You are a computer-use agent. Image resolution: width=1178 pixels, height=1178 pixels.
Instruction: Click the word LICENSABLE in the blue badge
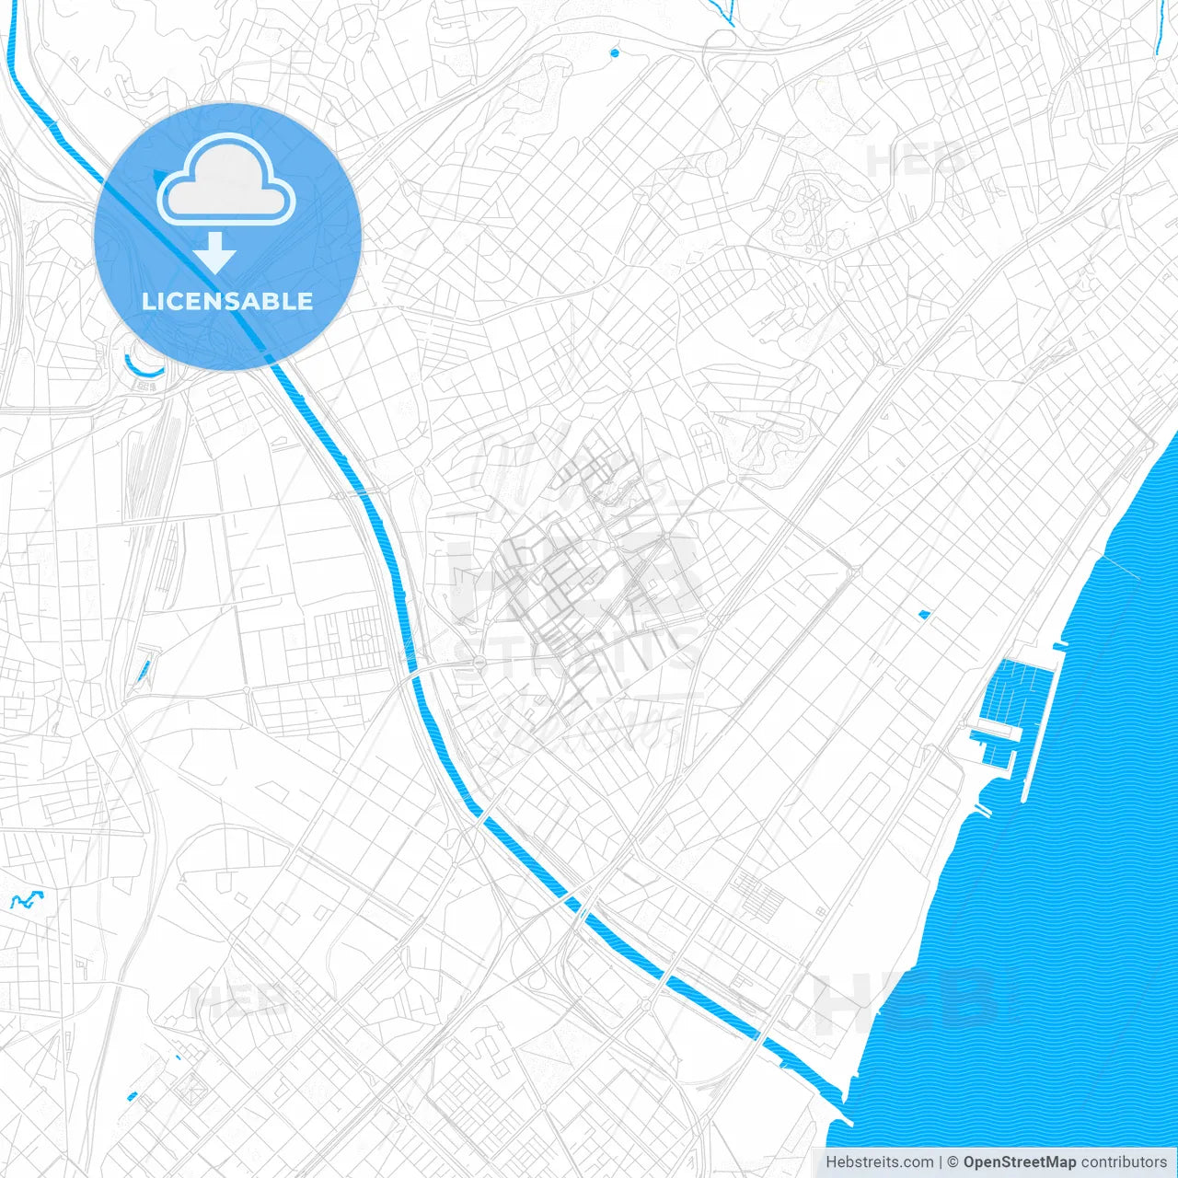(x=227, y=301)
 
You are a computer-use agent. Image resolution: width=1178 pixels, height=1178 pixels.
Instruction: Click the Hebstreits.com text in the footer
(x=879, y=1162)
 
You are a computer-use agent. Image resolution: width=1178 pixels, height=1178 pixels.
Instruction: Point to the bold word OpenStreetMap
(x=1019, y=1162)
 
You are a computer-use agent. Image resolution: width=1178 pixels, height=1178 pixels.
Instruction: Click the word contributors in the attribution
(x=1124, y=1162)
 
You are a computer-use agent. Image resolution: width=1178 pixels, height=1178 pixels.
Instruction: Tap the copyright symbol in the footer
(x=953, y=1162)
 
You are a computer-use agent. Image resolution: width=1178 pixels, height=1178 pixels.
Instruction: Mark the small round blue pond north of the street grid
(x=615, y=52)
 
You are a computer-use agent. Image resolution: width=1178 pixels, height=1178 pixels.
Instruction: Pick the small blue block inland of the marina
(x=924, y=614)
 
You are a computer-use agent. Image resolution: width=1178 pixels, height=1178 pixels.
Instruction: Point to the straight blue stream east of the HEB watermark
(x=1158, y=28)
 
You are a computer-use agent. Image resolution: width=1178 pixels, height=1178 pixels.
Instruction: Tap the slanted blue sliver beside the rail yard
(x=143, y=672)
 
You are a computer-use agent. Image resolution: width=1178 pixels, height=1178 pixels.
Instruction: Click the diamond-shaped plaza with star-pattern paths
(x=194, y=1090)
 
